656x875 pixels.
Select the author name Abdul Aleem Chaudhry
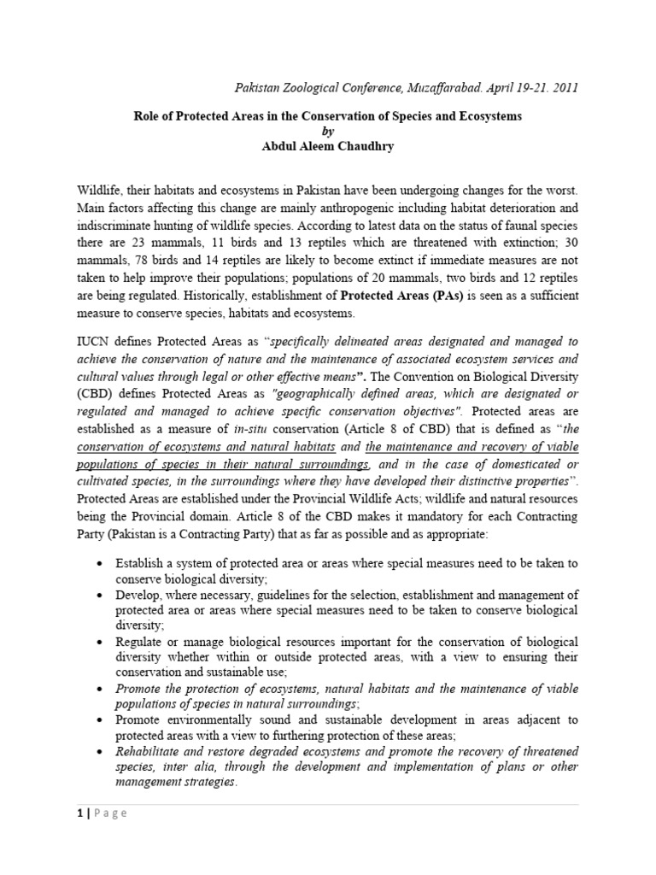329,147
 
